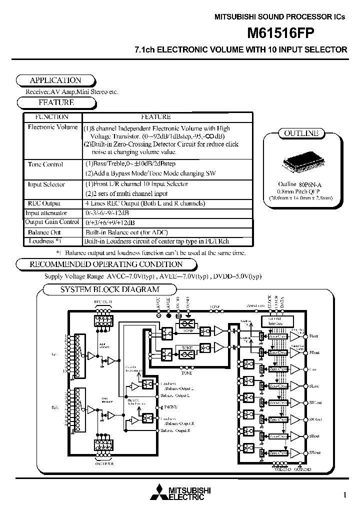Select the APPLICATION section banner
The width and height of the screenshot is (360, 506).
point(55,80)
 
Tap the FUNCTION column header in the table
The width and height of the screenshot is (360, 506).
point(52,116)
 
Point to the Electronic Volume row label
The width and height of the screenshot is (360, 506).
point(52,127)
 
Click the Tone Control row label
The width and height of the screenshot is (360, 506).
point(45,164)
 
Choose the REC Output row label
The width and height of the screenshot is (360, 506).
point(43,203)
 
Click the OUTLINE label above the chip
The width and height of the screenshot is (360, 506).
point(301,133)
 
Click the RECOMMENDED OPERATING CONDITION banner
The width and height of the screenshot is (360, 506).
point(106,264)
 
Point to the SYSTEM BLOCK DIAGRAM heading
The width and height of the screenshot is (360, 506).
point(109,289)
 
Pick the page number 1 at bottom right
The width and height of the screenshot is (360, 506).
point(345,495)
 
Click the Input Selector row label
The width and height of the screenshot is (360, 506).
point(46,184)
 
